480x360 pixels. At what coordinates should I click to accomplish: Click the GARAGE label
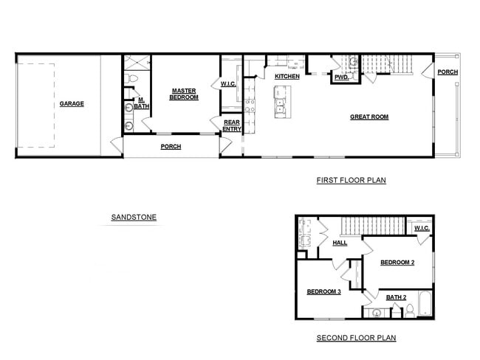pos(72,104)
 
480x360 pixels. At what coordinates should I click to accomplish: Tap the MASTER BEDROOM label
pos(184,94)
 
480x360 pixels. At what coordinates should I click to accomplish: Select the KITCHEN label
pos(287,77)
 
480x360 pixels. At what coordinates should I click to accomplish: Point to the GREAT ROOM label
pos(368,117)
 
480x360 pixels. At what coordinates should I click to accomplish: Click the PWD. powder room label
pos(341,77)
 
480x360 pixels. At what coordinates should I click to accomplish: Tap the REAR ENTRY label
pos(232,126)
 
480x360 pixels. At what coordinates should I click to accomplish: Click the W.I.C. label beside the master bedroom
pos(228,84)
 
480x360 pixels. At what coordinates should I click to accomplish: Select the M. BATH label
pos(140,104)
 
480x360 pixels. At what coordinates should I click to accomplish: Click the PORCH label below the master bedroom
pos(171,147)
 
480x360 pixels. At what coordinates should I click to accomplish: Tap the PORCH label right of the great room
pos(447,72)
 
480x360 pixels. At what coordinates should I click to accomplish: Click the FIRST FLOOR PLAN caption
pos(351,180)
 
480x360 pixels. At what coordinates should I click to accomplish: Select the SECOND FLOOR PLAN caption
pos(356,338)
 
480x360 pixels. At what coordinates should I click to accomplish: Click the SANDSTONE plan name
pos(134,217)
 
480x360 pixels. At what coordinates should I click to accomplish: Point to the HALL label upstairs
pos(340,243)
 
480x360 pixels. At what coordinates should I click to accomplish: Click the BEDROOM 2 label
pos(397,263)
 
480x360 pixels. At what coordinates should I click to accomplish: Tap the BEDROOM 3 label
pos(323,292)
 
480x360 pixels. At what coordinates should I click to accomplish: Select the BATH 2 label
pos(397,297)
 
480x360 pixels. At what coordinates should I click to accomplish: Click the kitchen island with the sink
pos(281,102)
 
